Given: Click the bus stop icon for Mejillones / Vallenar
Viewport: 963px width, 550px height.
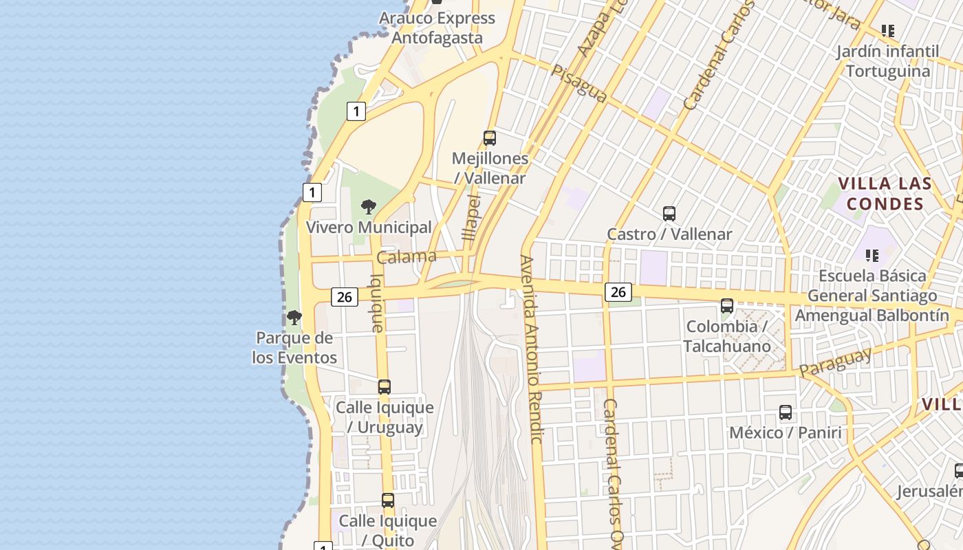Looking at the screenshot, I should [490, 138].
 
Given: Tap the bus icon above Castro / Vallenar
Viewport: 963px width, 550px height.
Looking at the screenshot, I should [669, 214].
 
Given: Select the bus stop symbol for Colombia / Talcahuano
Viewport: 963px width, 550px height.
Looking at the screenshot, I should [727, 306].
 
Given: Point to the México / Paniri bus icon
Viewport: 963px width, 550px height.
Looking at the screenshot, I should [786, 412].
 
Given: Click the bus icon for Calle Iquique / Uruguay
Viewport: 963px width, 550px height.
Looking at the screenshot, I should [385, 387].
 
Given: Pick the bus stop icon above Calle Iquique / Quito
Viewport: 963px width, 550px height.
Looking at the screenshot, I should [388, 500].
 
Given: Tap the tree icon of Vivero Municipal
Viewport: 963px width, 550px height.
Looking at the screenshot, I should [369, 206].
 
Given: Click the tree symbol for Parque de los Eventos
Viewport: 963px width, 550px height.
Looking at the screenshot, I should [294, 318].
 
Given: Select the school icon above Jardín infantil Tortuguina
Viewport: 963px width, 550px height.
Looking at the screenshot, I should [888, 31].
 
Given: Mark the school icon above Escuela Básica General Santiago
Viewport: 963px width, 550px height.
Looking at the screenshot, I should [872, 256].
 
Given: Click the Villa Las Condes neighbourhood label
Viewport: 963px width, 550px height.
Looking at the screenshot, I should [885, 194].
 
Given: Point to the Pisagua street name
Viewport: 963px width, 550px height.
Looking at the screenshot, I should [579, 84].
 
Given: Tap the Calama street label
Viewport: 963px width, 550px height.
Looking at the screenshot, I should [407, 257].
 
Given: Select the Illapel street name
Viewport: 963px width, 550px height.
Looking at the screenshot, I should [472, 216].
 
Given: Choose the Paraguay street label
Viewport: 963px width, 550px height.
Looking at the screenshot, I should [835, 362].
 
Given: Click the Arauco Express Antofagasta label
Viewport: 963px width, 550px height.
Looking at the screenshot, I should [437, 27].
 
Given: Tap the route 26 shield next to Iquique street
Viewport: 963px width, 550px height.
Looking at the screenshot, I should [345, 297].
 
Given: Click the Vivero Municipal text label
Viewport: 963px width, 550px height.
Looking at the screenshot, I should [369, 228].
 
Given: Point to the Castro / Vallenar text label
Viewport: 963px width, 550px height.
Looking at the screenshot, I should [669, 234].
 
